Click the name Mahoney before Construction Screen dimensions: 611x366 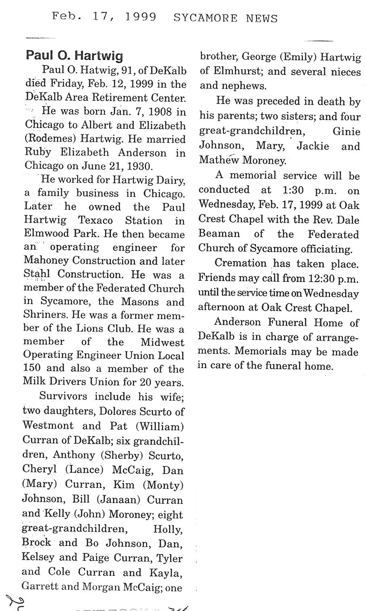click(49, 261)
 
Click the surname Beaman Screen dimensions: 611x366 click(219, 234)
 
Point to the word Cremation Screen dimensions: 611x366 click(241, 263)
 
